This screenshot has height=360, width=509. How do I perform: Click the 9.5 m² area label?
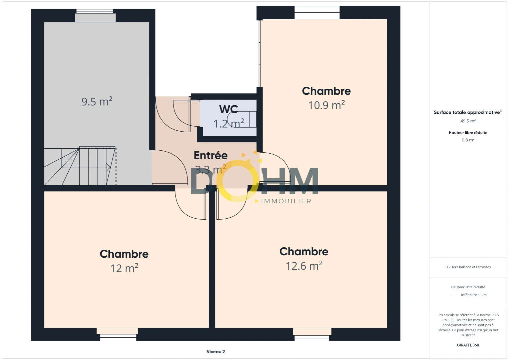pyautogui.click(x=97, y=101)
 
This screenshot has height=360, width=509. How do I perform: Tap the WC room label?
pyautogui.click(x=228, y=109)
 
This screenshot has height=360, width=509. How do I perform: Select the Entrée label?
pyautogui.click(x=211, y=155)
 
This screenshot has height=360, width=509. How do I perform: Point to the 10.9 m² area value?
pyautogui.click(x=327, y=105)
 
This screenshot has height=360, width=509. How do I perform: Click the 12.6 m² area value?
pyautogui.click(x=304, y=266)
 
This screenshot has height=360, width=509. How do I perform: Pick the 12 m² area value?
pyautogui.click(x=124, y=268)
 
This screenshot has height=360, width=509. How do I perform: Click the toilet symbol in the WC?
pyautogui.click(x=242, y=119)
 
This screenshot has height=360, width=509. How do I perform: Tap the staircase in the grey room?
pyautogui.click(x=80, y=166)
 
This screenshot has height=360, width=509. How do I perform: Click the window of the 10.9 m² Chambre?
pyautogui.click(x=317, y=12)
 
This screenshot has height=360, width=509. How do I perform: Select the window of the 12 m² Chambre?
pyautogui.click(x=117, y=334)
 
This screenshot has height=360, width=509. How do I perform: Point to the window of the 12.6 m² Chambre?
pyautogui.click(x=312, y=334)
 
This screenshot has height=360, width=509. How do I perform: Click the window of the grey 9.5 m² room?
pyautogui.click(x=95, y=16)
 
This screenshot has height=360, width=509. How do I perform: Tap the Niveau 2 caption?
pyautogui.click(x=216, y=352)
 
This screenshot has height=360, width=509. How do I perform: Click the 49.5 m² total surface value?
pyautogui.click(x=468, y=121)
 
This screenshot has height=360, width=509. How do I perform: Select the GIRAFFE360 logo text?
pyautogui.click(x=468, y=345)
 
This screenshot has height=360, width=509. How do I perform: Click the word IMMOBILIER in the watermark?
pyautogui.click(x=286, y=201)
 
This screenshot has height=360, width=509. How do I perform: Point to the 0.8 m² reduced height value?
pyautogui.click(x=468, y=140)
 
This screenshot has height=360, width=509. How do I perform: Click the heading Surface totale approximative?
pyautogui.click(x=468, y=112)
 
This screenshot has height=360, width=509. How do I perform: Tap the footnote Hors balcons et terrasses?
pyautogui.click(x=468, y=267)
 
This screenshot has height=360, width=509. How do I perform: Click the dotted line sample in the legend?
pyautogui.click(x=454, y=295)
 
